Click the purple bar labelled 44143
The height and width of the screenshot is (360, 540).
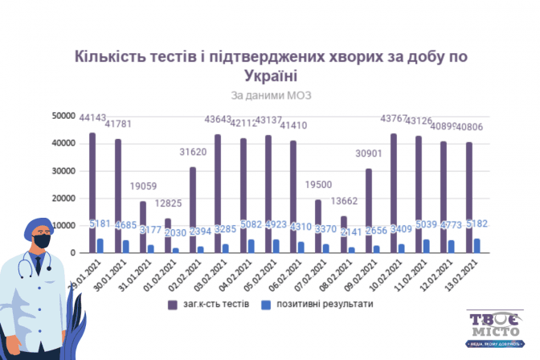point(92,193)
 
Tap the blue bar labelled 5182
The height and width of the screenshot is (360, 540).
point(478,246)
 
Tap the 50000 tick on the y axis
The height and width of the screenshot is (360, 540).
point(64,117)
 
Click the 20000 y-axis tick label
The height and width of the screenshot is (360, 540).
point(64,198)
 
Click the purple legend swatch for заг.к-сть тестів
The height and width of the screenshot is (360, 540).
point(172,305)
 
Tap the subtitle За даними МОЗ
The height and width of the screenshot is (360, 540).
point(270,95)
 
